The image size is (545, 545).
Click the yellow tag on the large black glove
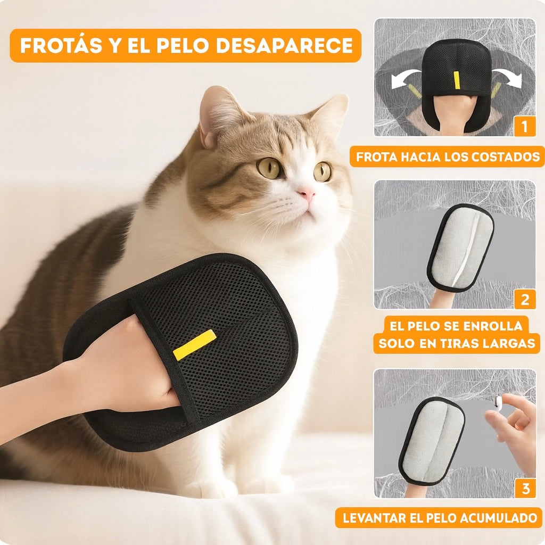[x=194, y=344]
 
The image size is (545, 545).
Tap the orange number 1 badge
[x=525, y=127]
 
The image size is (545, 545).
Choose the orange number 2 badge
[x=525, y=299]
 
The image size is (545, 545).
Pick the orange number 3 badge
[x=525, y=488]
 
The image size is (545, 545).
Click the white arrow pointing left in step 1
[x=403, y=79]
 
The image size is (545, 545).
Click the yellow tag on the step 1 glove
[x=456, y=79]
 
